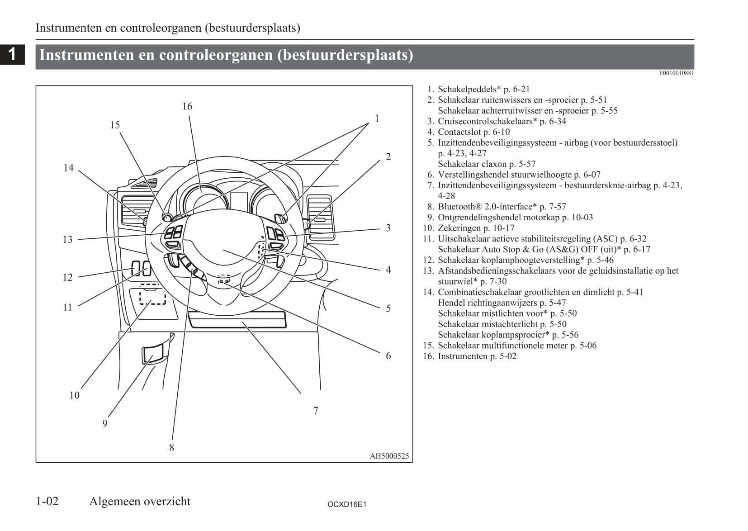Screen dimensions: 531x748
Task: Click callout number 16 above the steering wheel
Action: tap(187, 106)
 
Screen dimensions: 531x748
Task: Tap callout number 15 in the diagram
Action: tap(115, 125)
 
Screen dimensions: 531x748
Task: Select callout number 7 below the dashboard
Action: tap(316, 411)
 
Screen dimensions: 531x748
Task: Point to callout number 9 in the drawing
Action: tap(104, 424)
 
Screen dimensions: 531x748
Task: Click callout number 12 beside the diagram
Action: tap(67, 277)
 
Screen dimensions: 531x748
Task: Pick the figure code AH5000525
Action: tap(389, 456)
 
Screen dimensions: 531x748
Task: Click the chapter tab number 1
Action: tap(12, 54)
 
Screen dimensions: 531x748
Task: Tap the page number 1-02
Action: tap(47, 501)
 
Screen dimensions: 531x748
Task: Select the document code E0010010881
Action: tap(676, 73)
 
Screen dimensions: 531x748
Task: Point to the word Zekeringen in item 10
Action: tap(459, 228)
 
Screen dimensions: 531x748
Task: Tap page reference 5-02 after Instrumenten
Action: tap(507, 356)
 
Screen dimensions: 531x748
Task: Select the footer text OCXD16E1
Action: tap(347, 504)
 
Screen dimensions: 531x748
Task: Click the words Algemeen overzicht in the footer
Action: tap(140, 501)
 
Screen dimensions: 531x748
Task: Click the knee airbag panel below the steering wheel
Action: tap(237, 319)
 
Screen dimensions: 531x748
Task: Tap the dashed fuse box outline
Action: tap(152, 297)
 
